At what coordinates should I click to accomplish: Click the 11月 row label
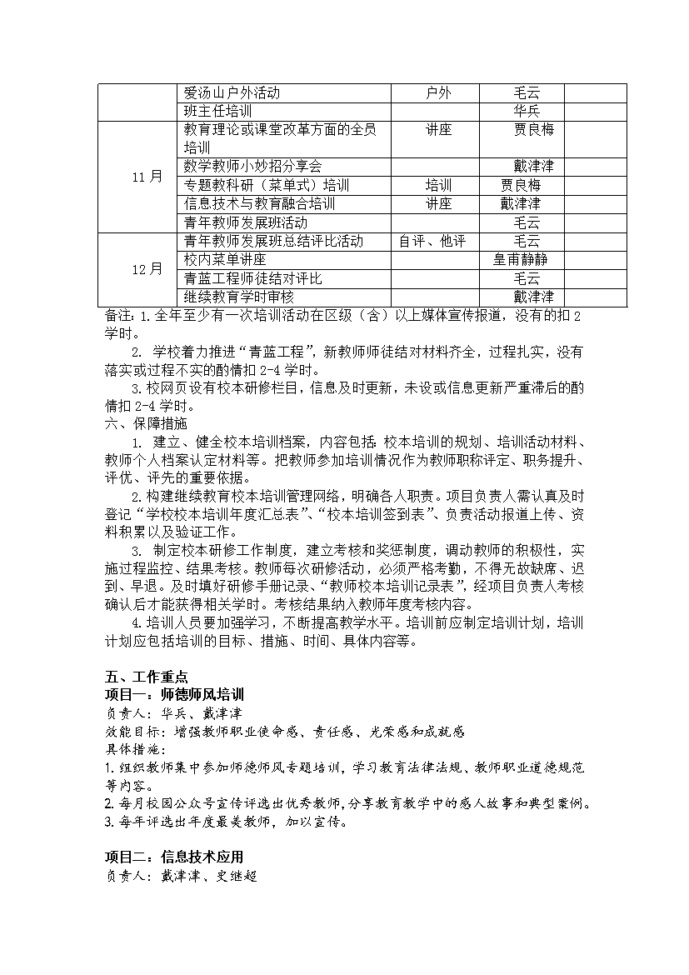click(x=147, y=177)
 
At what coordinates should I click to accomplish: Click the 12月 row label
click(x=147, y=269)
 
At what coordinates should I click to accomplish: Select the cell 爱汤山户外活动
click(x=232, y=92)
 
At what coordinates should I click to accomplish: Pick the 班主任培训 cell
click(x=218, y=111)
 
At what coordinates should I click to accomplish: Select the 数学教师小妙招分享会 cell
click(x=252, y=167)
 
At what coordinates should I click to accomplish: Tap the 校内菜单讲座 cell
click(x=219, y=259)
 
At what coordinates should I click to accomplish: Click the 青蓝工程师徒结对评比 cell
click(x=252, y=278)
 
